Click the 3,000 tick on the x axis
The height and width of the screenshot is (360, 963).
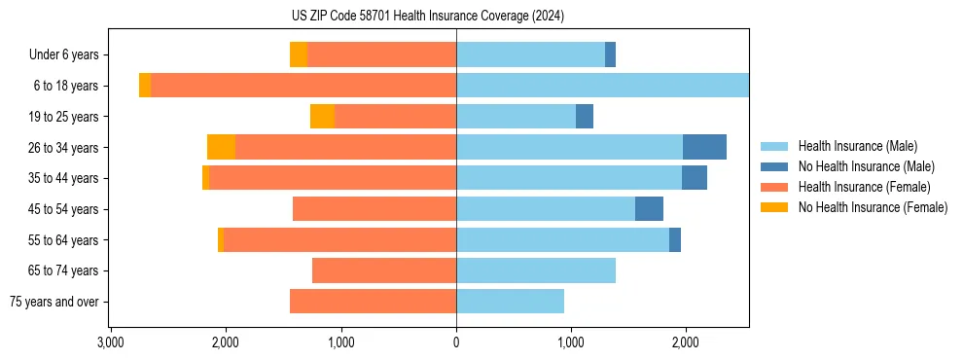(x=110, y=342)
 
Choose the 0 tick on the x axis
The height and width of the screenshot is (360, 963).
(x=456, y=342)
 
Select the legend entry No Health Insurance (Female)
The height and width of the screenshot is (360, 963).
(x=873, y=207)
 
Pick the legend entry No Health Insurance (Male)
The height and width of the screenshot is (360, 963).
(x=866, y=166)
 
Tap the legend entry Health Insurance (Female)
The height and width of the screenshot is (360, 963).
(x=864, y=187)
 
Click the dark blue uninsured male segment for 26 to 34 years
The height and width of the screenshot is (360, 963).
(x=704, y=147)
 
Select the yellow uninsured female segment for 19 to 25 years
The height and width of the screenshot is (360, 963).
(x=322, y=117)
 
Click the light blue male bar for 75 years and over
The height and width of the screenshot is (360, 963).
(x=510, y=302)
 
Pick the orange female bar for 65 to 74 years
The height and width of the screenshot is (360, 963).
(x=384, y=270)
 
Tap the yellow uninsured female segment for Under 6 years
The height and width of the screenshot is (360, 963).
(x=299, y=54)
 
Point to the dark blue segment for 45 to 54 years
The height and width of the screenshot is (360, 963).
(x=649, y=209)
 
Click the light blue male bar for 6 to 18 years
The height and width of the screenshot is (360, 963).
(x=602, y=86)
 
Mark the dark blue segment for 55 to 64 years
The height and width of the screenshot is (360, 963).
(x=675, y=239)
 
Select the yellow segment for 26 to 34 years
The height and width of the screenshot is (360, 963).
(x=221, y=147)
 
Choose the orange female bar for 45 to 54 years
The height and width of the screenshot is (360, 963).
(x=374, y=209)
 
